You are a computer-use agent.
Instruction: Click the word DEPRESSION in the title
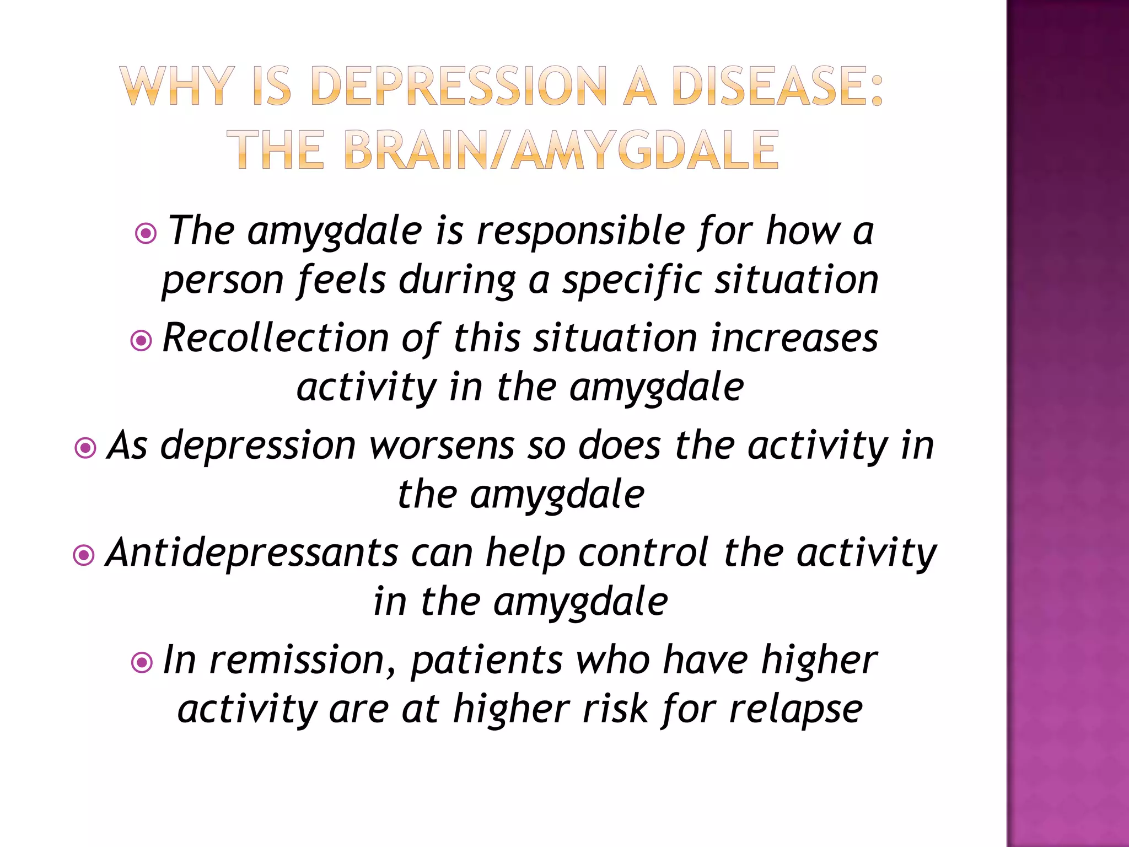(459, 85)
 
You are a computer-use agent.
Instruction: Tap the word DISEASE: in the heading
(777, 85)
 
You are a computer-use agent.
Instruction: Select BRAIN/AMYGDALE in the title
(562, 150)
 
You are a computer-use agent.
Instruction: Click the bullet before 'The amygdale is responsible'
(146, 234)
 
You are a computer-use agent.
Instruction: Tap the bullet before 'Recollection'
(141, 341)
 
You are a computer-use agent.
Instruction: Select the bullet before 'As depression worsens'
(85, 448)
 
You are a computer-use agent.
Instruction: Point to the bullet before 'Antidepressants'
(84, 555)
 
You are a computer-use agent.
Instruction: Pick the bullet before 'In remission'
(142, 662)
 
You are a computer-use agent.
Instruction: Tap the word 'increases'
(794, 337)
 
